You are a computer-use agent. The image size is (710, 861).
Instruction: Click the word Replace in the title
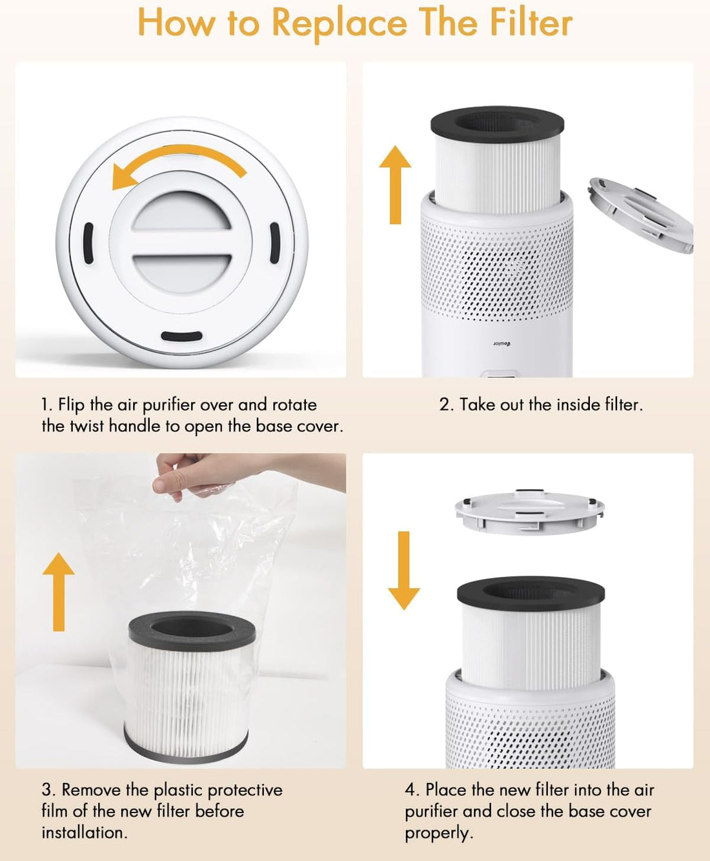338,23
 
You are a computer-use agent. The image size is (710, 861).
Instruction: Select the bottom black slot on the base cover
181,337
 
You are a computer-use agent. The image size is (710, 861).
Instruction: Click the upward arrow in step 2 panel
395,185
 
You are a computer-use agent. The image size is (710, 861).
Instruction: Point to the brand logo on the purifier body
502,343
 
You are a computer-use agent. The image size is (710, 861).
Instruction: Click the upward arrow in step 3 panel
59,591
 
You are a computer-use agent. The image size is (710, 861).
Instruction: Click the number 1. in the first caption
46,405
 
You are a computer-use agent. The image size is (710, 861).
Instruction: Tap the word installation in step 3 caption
84,833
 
